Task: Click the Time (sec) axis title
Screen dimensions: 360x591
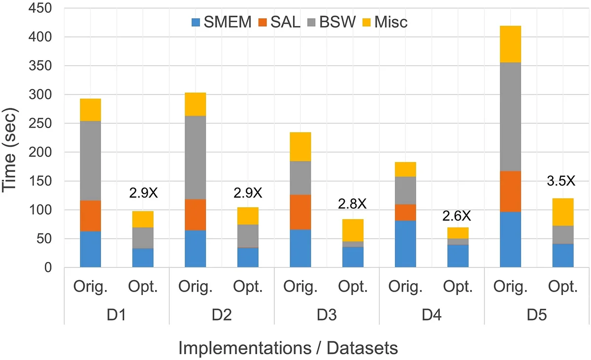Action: click(12, 138)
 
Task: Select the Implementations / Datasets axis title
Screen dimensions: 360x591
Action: click(288, 349)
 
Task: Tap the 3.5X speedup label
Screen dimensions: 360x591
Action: click(561, 181)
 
